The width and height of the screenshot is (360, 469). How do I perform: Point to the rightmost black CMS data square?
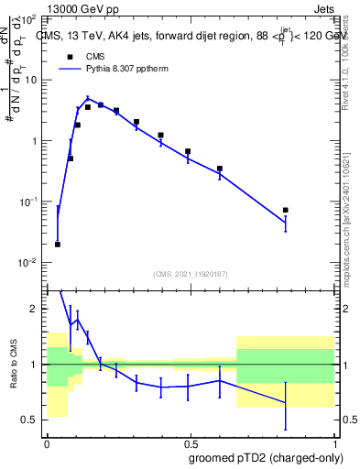coord(286,211)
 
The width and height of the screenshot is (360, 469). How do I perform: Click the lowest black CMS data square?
coord(58,245)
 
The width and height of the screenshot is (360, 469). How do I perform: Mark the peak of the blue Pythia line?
coord(88,99)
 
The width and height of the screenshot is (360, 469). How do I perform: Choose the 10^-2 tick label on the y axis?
coord(27,263)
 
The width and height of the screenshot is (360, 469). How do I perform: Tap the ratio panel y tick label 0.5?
coord(33,420)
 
